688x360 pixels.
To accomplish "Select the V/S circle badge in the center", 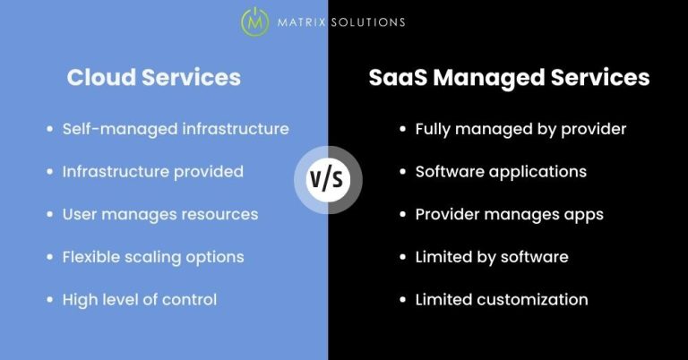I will tap(327, 179).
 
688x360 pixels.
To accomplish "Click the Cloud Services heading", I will tap(153, 78).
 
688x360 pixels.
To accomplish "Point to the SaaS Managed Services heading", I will tap(509, 78).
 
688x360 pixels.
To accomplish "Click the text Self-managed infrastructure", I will tap(176, 129).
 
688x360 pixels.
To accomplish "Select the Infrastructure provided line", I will tap(152, 171).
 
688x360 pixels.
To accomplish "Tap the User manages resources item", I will tap(160, 214).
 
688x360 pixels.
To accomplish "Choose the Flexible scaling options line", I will tap(153, 257).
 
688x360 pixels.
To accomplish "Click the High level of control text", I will tap(140, 300).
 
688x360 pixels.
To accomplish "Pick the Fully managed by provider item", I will tap(520, 129).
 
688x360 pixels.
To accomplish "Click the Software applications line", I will tap(501, 171).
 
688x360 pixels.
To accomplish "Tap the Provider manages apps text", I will tap(509, 214).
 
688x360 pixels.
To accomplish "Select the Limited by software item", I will tap(492, 257).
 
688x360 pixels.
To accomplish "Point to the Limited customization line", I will tap(502, 300).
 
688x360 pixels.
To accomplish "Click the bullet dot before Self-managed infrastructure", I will tap(48, 129).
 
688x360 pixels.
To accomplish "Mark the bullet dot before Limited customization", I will tap(401, 300).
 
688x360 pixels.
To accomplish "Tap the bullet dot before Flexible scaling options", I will tap(48, 257).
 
